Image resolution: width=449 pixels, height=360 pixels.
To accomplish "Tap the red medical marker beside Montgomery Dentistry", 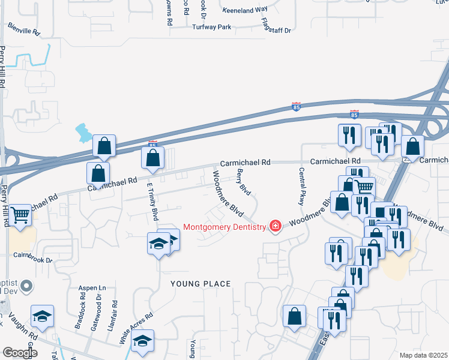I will [276, 226].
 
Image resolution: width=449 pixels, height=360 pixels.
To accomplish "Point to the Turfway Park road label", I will [211, 28].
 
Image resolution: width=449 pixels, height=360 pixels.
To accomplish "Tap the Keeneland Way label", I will [244, 10].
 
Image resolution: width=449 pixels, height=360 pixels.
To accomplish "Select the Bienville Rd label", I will [23, 28].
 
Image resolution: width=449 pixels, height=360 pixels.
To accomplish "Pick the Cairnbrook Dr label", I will [33, 258].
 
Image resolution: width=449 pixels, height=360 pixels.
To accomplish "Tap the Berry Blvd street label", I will [244, 182].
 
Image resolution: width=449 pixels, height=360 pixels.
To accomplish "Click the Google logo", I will [20, 353].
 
